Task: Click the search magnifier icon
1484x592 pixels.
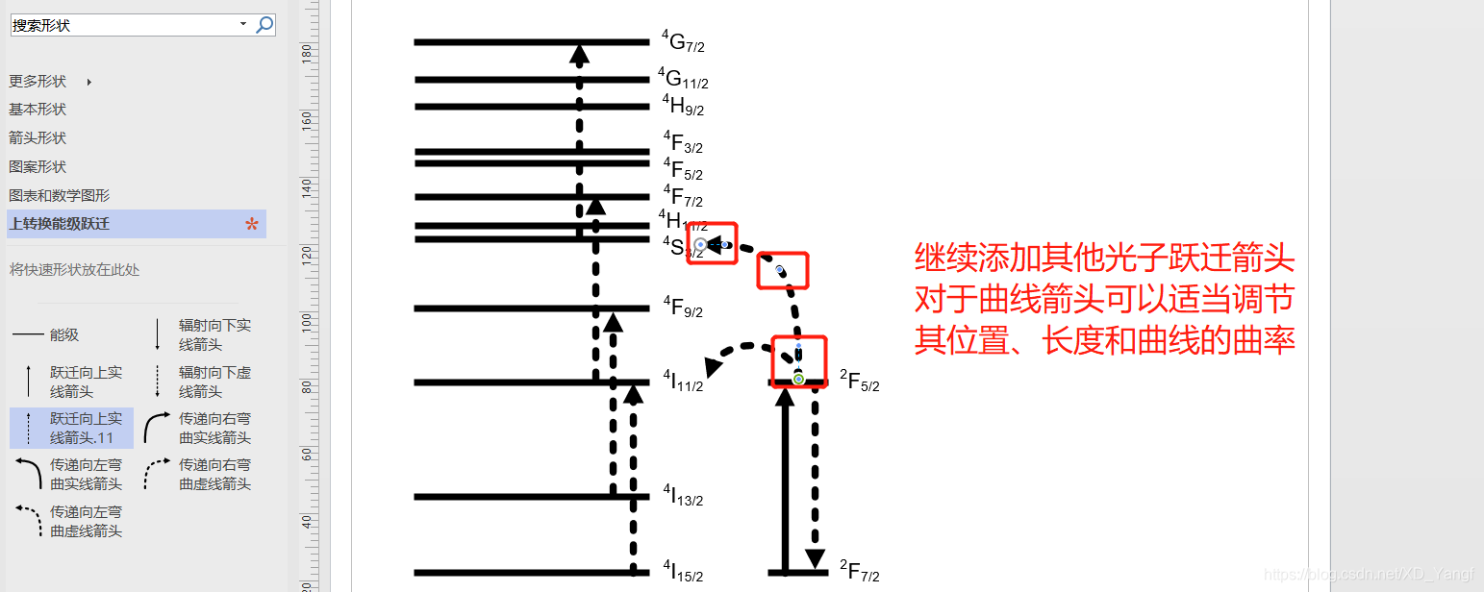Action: coord(264,25)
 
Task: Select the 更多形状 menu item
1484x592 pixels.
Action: coord(38,82)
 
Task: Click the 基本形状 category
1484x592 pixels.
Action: coord(38,110)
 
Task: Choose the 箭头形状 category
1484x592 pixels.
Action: coord(38,138)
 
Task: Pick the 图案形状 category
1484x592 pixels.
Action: coord(38,167)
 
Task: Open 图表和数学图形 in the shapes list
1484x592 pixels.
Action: coord(59,195)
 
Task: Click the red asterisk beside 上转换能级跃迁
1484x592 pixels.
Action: coord(252,225)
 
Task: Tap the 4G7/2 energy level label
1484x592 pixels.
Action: coord(683,42)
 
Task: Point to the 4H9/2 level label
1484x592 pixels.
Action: coord(683,106)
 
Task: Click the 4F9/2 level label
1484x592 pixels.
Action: coord(683,308)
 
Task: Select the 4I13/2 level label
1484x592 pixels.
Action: coord(683,496)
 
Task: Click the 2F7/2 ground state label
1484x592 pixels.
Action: coord(859,572)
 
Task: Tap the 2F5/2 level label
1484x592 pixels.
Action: coord(859,382)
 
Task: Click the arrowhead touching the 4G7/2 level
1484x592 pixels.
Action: coord(579,55)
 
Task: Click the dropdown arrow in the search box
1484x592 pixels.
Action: coord(242,25)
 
